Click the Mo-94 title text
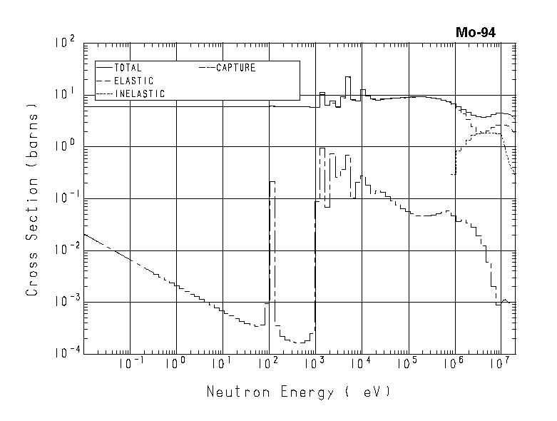coord(476,32)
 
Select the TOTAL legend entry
coord(128,68)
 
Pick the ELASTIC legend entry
coord(133,81)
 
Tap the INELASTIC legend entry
coord(139,93)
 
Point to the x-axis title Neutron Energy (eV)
coord(299,392)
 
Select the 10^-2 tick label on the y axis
coord(63,250)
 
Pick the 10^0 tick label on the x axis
coord(174,363)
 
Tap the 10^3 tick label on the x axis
coord(314,363)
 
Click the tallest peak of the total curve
coord(348,77)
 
